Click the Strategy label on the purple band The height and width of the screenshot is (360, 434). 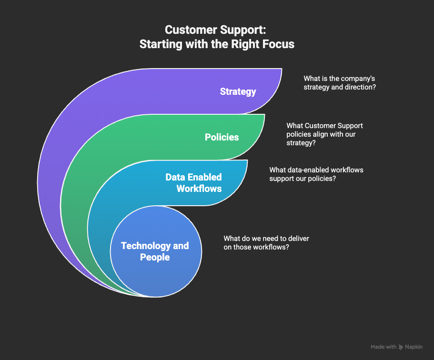click(x=238, y=91)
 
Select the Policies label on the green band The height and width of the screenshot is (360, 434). click(x=222, y=137)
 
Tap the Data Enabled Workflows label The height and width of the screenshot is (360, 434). click(x=193, y=182)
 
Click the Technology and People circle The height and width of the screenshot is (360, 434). click(x=155, y=257)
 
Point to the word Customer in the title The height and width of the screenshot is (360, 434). click(x=189, y=30)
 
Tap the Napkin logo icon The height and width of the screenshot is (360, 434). click(x=402, y=347)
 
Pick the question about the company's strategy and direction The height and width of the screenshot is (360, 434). click(x=340, y=83)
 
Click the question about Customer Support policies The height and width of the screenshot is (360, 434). click(x=324, y=134)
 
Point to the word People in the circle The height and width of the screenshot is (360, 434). click(x=155, y=257)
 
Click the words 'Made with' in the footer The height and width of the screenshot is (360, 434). click(x=384, y=347)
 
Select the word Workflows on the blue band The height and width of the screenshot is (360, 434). click(x=199, y=188)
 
